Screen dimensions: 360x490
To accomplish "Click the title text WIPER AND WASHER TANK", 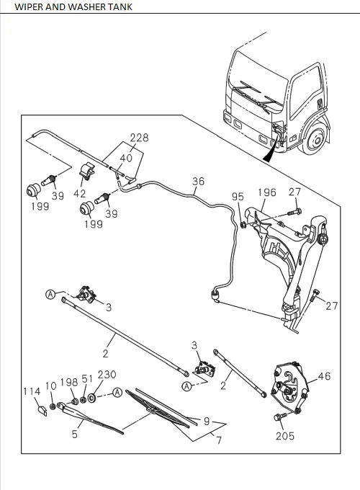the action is pos(73,6).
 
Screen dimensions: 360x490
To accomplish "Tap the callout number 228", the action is pos(139,138).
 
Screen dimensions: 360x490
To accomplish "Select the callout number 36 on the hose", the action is pos(198,182).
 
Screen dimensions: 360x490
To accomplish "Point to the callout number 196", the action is pos(267,192).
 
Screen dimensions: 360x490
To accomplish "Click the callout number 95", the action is pos(238,197).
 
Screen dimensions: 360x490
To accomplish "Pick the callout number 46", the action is pos(324,376).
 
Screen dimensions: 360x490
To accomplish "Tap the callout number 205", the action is pos(284,436).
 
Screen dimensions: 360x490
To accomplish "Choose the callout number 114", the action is pos(32,391).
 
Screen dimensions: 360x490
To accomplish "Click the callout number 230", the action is pos(107,375).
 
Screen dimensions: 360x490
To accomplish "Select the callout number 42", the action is pos(80,194).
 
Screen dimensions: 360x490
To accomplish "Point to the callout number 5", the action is pos(75,434).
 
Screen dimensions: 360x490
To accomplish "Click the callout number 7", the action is pos(219,440).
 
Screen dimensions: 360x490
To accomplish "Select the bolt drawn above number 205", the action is pos(280,416).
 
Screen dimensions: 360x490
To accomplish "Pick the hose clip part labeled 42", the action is pos(87,171).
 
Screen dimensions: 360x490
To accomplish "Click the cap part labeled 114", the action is pos(42,411).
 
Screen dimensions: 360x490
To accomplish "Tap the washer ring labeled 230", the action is pos(91,398).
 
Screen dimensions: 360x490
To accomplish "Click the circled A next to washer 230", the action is pos(117,393).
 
